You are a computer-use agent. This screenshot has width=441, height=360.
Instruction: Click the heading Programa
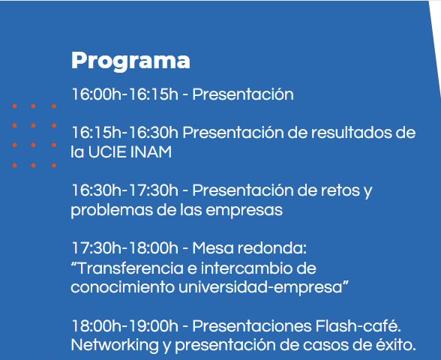tap(130, 61)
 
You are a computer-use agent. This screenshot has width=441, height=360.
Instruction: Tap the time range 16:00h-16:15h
tap(125, 94)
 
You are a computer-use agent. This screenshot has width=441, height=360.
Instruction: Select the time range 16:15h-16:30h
tap(125, 133)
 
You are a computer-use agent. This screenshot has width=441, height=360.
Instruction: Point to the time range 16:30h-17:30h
tap(125, 190)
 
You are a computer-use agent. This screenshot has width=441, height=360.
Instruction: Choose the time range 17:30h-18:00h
tap(125, 248)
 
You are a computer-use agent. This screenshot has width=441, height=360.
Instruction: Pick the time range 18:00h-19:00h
tap(125, 325)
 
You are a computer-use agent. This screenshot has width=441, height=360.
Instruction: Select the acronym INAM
tap(151, 152)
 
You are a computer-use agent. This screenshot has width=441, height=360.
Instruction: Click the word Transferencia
tap(130, 268)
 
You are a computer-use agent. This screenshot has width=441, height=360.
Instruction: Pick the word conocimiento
tap(122, 287)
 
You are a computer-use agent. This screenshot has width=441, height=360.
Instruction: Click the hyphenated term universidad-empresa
tap(260, 287)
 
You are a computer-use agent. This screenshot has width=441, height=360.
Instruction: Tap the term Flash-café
tap(358, 325)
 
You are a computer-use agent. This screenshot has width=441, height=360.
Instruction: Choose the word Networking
tap(115, 345)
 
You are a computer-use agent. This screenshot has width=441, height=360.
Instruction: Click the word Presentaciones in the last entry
tap(252, 325)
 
